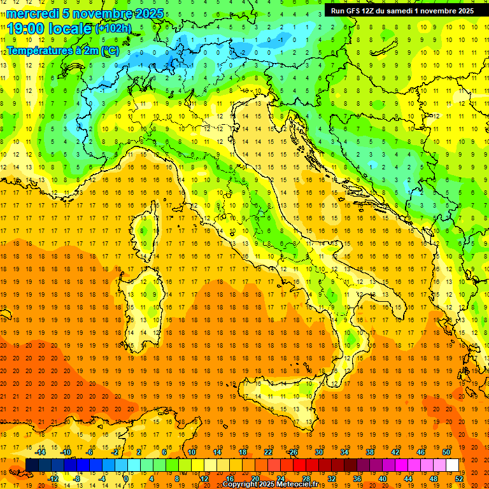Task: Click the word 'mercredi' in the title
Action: [x=34, y=13]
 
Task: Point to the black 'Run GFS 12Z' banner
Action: [x=402, y=11]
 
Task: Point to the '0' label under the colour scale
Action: [x=126, y=478]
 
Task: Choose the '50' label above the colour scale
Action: [x=446, y=452]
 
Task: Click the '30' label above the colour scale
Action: [x=318, y=452]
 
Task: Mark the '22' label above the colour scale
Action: [x=268, y=452]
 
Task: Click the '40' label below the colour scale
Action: [x=382, y=478]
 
